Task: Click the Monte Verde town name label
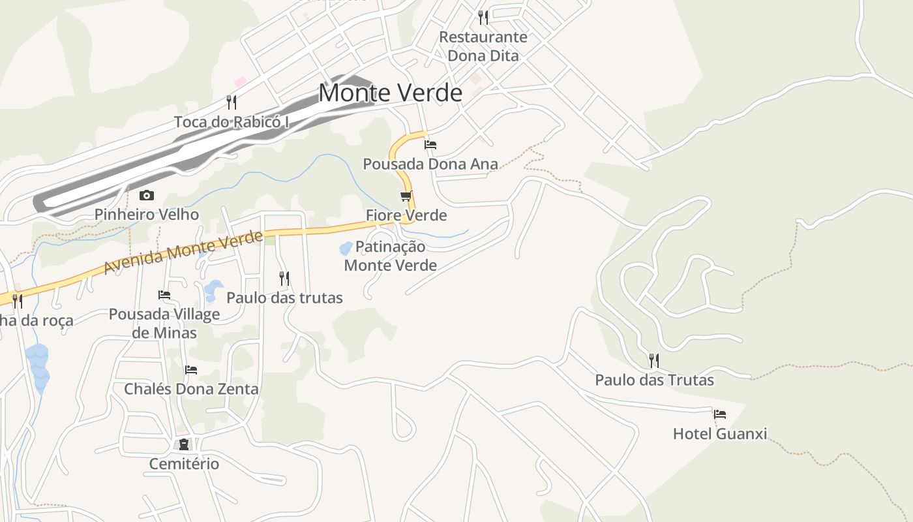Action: [390, 93]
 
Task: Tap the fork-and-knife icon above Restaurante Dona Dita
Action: [483, 17]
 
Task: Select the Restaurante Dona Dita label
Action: [483, 46]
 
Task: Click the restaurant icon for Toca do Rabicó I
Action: [231, 102]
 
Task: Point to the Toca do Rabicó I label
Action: [231, 122]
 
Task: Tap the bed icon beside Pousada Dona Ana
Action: [430, 145]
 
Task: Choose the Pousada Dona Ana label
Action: [430, 164]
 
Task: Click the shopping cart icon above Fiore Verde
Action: [406, 196]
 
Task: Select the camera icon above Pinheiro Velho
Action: [147, 195]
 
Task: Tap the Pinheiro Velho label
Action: [147, 215]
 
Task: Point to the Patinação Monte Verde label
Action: [391, 256]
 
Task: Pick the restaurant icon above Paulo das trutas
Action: [284, 279]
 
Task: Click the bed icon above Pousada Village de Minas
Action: [164, 295]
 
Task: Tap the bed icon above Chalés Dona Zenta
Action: [191, 369]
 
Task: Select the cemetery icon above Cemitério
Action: [184, 444]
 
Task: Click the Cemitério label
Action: [184, 464]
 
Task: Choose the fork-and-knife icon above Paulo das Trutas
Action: [654, 360]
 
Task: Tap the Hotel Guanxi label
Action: [720, 434]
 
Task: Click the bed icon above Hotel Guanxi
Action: [720, 414]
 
